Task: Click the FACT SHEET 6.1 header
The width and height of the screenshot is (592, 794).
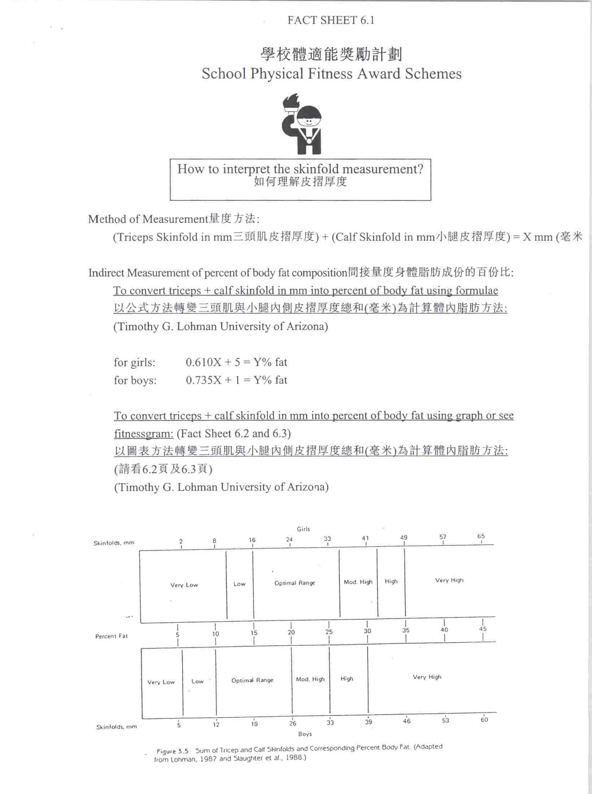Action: (x=331, y=20)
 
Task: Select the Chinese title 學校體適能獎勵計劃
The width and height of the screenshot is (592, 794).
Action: (x=331, y=54)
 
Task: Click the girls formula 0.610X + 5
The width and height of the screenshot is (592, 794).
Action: (x=236, y=362)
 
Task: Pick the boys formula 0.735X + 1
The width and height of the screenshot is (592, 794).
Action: (x=236, y=380)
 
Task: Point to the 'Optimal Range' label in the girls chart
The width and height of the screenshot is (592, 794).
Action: (x=295, y=583)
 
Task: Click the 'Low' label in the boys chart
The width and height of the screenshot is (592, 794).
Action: (x=197, y=681)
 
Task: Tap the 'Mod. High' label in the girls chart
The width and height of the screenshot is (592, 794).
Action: (x=358, y=582)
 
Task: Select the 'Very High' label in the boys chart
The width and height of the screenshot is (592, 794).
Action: (x=427, y=677)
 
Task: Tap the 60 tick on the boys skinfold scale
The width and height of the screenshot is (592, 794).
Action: (x=484, y=720)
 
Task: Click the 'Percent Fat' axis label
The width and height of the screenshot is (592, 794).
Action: (x=111, y=636)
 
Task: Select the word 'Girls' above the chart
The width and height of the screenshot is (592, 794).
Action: (x=303, y=529)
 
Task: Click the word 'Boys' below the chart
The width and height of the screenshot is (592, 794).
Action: (x=305, y=734)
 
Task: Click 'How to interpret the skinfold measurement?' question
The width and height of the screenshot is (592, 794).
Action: (x=300, y=169)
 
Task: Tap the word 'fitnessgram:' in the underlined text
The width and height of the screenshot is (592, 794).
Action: (x=144, y=433)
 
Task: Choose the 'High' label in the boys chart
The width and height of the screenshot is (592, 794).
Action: (x=347, y=679)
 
